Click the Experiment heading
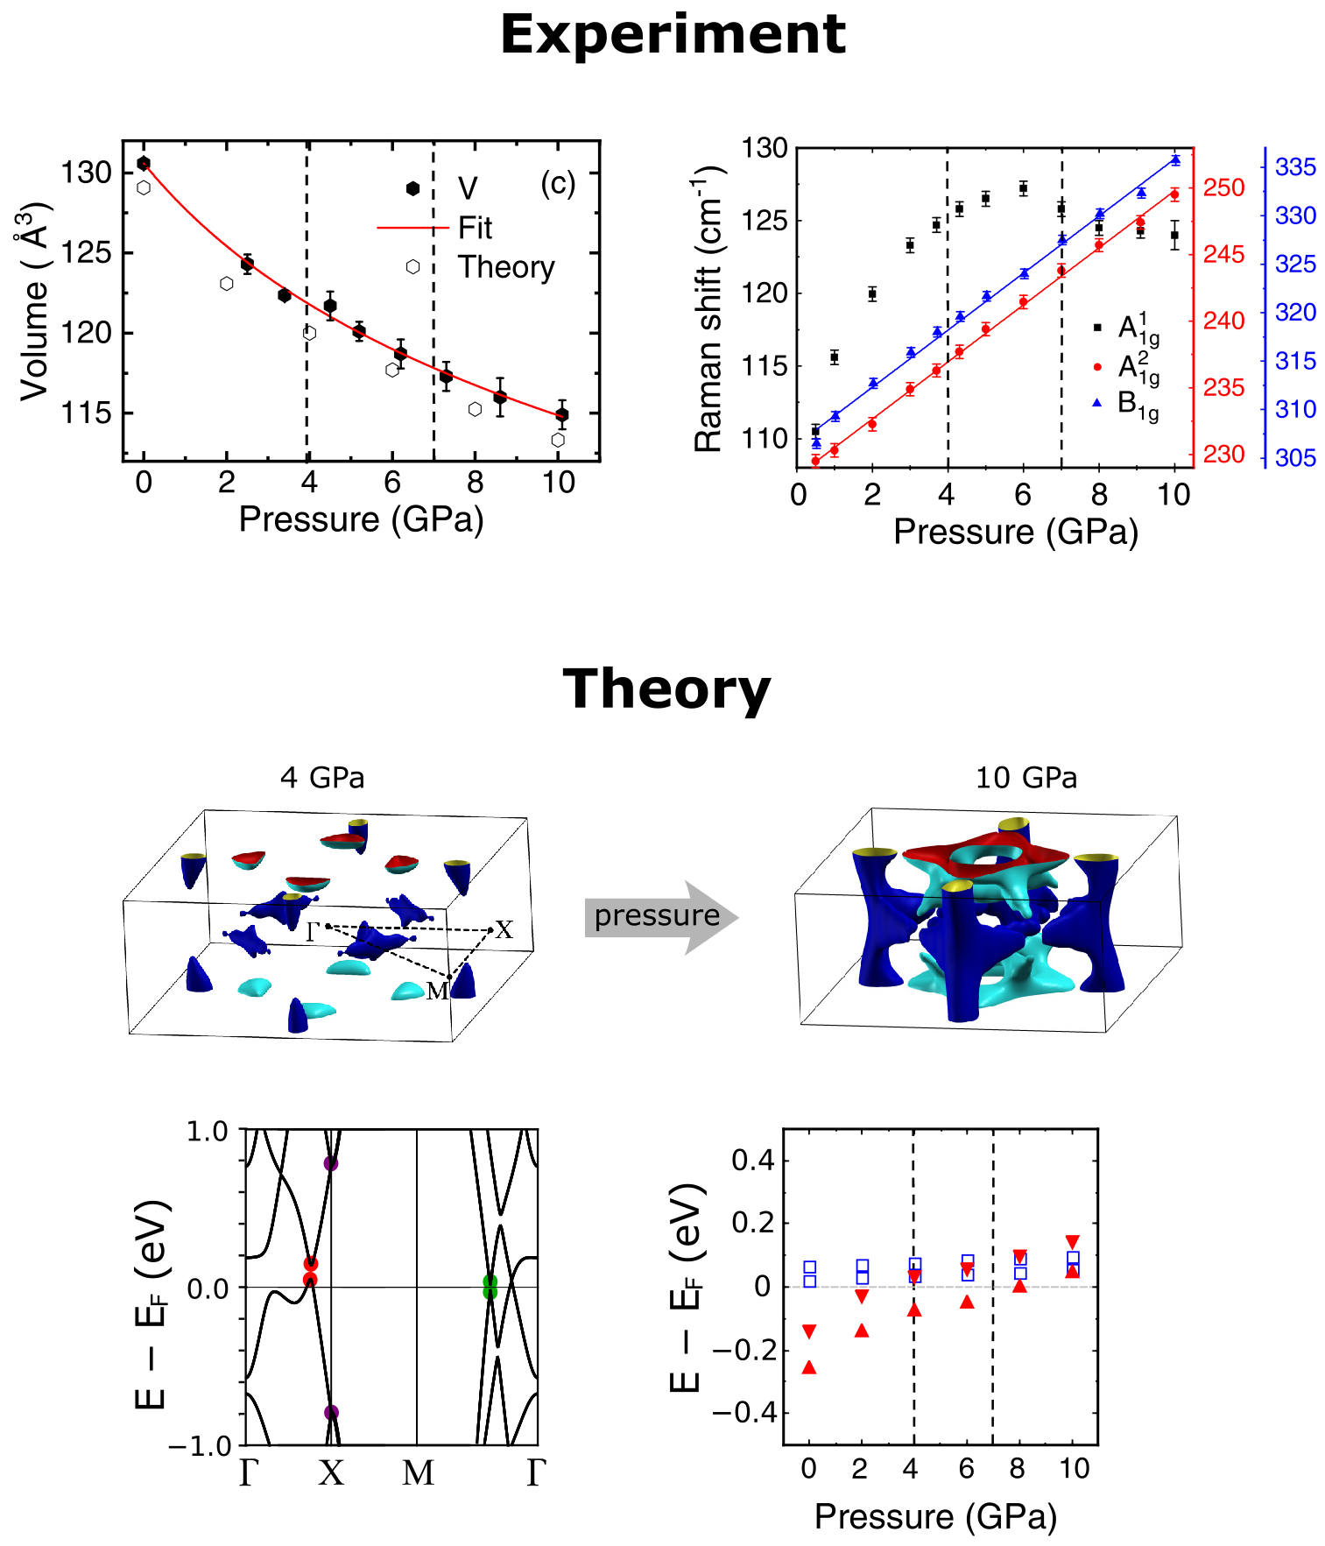tap(673, 35)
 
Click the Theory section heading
tap(666, 689)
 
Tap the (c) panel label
tap(558, 183)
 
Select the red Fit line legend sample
tap(412, 228)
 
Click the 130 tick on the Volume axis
tap(86, 173)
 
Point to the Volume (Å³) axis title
tap(35, 302)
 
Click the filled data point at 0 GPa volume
tap(144, 164)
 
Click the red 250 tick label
tap(1223, 188)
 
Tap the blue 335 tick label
tap(1295, 166)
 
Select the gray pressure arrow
tap(661, 917)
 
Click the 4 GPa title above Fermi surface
tap(322, 778)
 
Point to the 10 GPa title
tap(1026, 778)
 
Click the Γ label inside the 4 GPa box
tap(313, 932)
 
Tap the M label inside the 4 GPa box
tap(437, 991)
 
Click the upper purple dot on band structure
tap(331, 1163)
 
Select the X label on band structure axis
tap(331, 1474)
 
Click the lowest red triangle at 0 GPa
tap(809, 1367)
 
